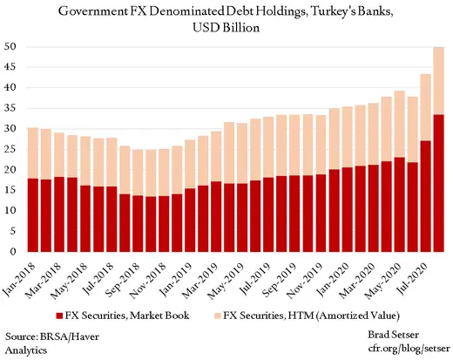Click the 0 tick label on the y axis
(15, 252)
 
